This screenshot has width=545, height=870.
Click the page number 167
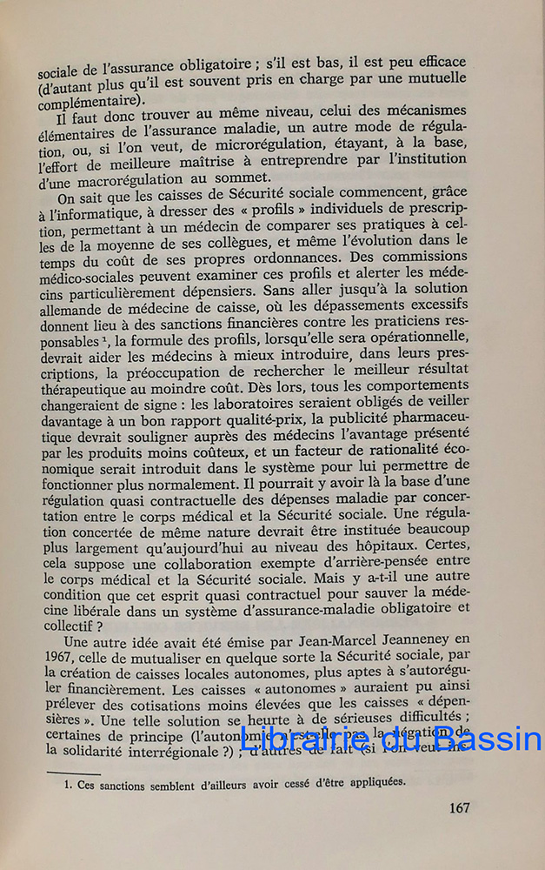(x=460, y=807)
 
